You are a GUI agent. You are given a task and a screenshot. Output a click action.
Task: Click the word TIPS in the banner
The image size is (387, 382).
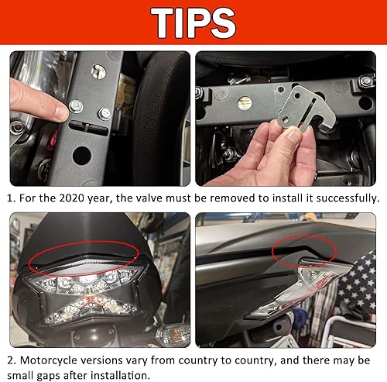pos(193,23)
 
